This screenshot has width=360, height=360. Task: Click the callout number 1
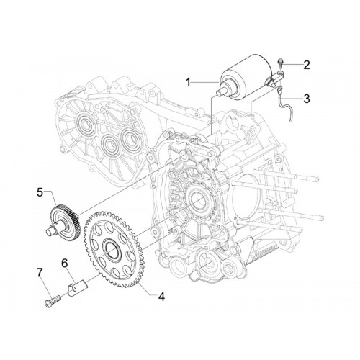[x=189, y=83]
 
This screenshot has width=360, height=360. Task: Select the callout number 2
[x=306, y=65]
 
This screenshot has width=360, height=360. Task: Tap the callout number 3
[x=307, y=99]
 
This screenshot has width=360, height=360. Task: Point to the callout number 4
[x=161, y=297]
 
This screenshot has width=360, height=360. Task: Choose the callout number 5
[x=40, y=192]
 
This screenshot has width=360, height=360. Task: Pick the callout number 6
[x=65, y=264]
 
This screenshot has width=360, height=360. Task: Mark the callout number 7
[x=40, y=273]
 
